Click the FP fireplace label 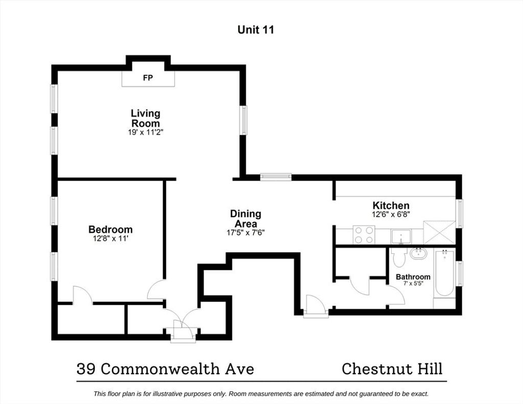[148, 78]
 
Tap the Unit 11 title [255, 30]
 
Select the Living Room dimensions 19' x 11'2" [146, 132]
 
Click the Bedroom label [110, 229]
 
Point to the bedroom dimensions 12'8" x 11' [110, 239]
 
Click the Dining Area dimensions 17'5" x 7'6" [246, 232]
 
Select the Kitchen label [391, 205]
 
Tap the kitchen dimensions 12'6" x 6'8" [391, 214]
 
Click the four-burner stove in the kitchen [364, 235]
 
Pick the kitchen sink [401, 236]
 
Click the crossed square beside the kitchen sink [439, 232]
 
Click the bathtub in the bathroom [444, 274]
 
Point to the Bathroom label [413, 277]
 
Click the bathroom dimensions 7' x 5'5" [413, 283]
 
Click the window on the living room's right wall [244, 120]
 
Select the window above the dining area [276, 177]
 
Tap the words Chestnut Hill [392, 369]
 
